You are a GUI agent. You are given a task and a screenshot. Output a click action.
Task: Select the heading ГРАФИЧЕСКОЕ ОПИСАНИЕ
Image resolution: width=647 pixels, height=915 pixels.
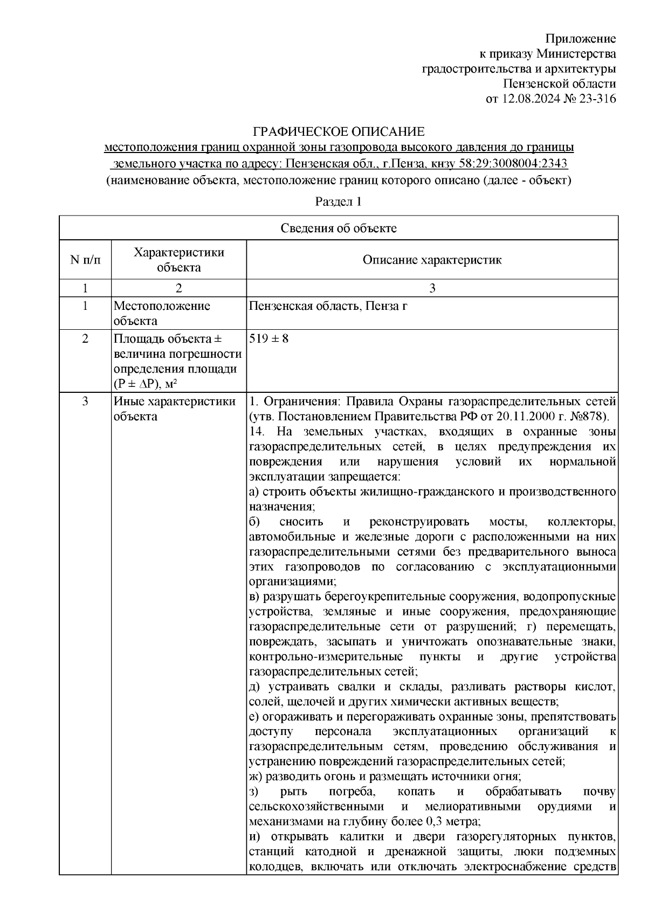point(339,132)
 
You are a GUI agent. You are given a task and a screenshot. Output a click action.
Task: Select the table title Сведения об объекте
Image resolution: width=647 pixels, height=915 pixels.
point(339,228)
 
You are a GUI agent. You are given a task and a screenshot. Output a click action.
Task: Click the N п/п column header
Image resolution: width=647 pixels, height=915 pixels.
point(85,260)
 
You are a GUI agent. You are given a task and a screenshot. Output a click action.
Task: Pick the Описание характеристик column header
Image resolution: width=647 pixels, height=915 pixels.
point(432,260)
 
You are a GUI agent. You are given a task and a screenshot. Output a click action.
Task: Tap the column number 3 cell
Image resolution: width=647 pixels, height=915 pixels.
point(432,288)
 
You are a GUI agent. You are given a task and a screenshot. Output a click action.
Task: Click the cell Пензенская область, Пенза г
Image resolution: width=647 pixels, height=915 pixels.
point(328,307)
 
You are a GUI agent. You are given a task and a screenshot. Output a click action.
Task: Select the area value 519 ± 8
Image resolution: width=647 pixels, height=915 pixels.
point(270,339)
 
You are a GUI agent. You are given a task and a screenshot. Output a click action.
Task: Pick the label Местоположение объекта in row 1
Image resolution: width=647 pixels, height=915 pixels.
point(162,314)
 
